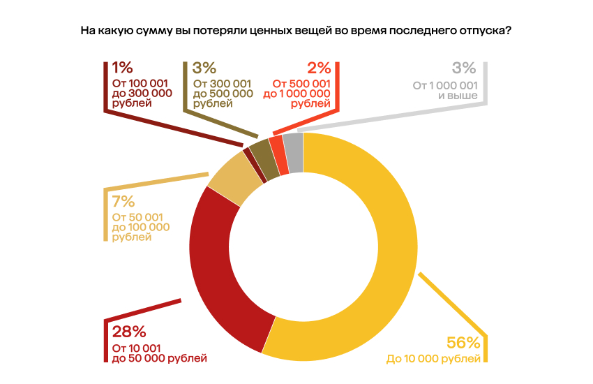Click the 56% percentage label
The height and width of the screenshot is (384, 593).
pos(463,343)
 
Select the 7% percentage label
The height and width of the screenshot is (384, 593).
pos(123,202)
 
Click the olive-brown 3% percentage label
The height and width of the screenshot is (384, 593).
pos(204,68)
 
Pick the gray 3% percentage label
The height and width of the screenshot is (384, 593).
pos(464,68)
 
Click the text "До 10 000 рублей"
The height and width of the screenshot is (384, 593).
pos(433,360)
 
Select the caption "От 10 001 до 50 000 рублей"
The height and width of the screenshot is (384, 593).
pos(159,354)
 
